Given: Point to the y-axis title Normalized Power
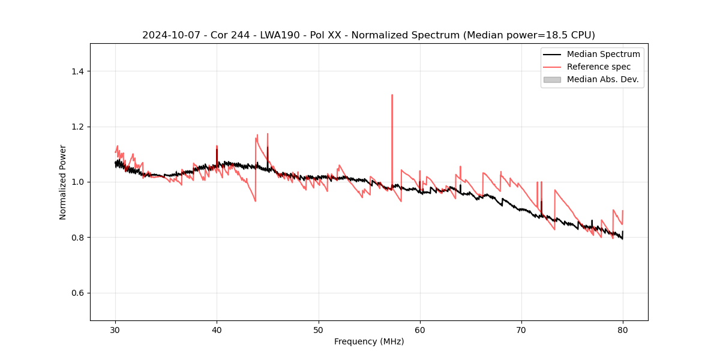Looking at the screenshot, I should (63, 182).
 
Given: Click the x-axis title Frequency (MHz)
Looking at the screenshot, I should (369, 341).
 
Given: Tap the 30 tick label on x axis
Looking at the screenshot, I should (116, 329).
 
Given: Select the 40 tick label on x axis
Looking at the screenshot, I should (217, 329).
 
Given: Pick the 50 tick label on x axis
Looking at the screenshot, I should (319, 329).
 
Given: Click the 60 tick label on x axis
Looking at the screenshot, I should (420, 329).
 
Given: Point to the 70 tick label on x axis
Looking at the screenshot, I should (521, 329).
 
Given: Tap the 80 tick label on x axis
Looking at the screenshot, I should (623, 329).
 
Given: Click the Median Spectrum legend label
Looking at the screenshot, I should (603, 55).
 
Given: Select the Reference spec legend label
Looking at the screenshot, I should (599, 67).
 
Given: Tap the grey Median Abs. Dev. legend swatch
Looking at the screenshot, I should (552, 79).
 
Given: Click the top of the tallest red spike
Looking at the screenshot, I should (392, 95).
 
